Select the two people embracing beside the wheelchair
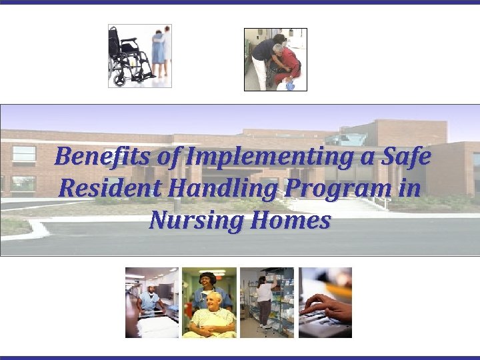(160, 53)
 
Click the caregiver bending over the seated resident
(267, 57)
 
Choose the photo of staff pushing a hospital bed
(151, 302)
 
